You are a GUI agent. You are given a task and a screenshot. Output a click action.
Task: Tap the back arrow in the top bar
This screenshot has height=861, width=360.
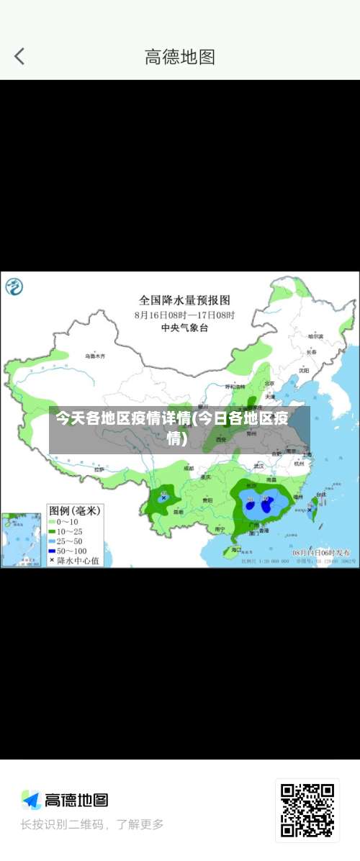(19, 56)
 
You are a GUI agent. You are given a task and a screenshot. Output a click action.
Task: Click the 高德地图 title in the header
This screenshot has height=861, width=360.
(180, 57)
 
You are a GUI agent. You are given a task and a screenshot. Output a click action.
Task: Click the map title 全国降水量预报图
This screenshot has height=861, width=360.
(184, 299)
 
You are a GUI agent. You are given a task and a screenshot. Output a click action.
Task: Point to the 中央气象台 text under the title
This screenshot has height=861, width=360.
(184, 328)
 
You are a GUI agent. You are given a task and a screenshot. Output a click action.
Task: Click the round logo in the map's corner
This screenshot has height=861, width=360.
(14, 287)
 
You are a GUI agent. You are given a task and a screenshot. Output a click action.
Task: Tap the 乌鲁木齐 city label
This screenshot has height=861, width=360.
(95, 356)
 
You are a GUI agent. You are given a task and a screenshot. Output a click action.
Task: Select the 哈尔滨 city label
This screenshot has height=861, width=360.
(315, 336)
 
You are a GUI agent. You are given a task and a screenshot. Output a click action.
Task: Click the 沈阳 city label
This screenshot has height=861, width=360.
(304, 370)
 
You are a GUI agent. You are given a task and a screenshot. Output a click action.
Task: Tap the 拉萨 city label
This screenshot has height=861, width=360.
(99, 469)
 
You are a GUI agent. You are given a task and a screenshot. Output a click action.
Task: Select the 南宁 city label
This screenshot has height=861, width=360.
(220, 529)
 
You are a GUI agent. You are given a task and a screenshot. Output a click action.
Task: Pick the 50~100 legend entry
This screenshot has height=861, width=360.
(71, 550)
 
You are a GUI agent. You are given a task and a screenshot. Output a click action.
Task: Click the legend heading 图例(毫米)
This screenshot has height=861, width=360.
(74, 510)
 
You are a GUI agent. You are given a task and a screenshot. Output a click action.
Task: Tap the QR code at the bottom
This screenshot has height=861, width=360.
(307, 810)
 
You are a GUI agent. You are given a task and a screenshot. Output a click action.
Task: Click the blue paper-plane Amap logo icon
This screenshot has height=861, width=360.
(30, 800)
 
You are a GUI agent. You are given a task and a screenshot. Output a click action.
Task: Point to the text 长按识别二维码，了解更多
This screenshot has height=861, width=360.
(92, 824)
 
